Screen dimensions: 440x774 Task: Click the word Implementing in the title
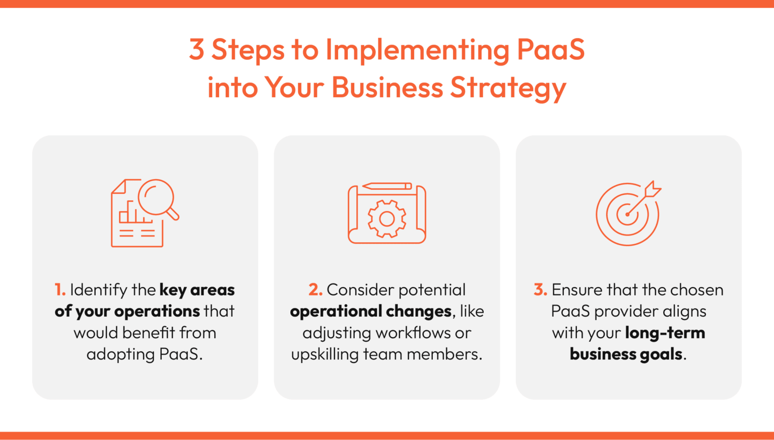click(x=417, y=50)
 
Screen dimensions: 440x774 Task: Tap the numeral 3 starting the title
click(x=197, y=50)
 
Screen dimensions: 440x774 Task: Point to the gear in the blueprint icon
click(x=386, y=218)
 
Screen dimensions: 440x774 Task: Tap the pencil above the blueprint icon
click(x=386, y=186)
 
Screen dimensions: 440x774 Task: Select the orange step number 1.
click(x=59, y=290)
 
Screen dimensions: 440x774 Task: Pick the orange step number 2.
click(x=315, y=290)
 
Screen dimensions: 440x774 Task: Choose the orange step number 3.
click(x=540, y=290)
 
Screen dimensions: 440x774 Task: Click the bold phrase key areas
click(x=197, y=290)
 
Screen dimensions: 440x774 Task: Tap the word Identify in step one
click(x=99, y=290)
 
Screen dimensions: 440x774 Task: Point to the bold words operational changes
click(x=370, y=312)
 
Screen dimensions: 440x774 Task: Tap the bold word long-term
click(x=665, y=333)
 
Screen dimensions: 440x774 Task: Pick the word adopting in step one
click(x=120, y=355)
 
